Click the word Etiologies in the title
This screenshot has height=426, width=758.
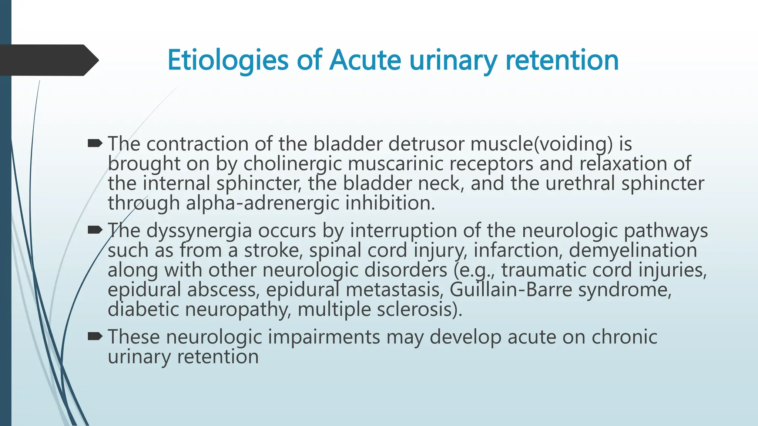click(x=227, y=60)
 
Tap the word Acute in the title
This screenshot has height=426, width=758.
click(x=365, y=60)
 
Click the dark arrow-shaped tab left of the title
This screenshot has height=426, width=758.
click(x=48, y=60)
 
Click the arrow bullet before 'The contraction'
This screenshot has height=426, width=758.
click(x=95, y=143)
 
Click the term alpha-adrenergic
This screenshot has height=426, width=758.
click(x=262, y=203)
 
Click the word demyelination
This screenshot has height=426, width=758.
click(x=633, y=250)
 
